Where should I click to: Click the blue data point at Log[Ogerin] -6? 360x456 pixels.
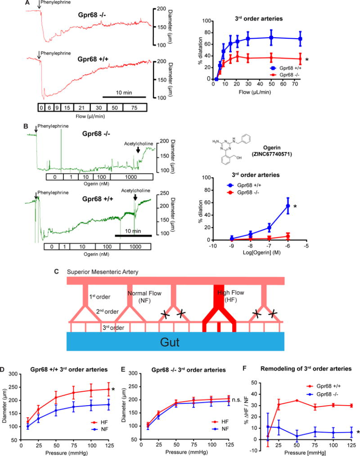pos(288,206)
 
